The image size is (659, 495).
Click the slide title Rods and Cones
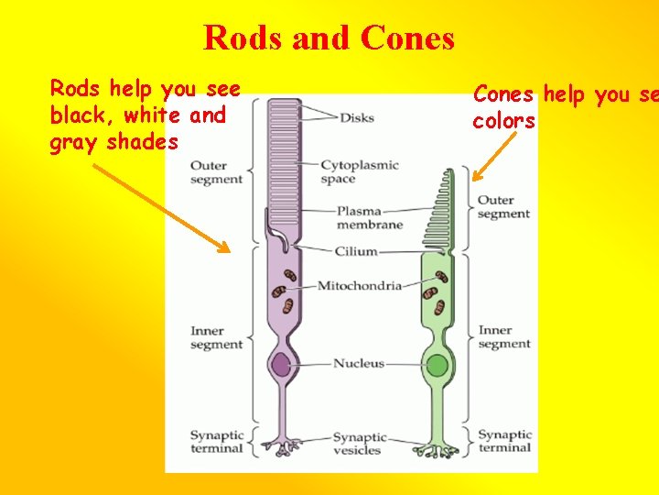[329, 38]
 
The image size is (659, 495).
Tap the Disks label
[356, 117]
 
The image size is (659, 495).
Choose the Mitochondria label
[359, 286]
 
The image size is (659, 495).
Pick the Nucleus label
[359, 364]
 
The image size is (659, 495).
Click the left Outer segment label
[216, 172]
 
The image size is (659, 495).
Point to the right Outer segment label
[503, 207]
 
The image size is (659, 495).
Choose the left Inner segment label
[216, 337]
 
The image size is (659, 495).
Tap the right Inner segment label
[503, 337]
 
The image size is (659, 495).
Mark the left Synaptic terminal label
[216, 442]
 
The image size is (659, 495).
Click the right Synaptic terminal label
[504, 442]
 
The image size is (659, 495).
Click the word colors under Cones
[503, 121]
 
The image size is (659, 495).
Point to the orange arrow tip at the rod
[228, 249]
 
